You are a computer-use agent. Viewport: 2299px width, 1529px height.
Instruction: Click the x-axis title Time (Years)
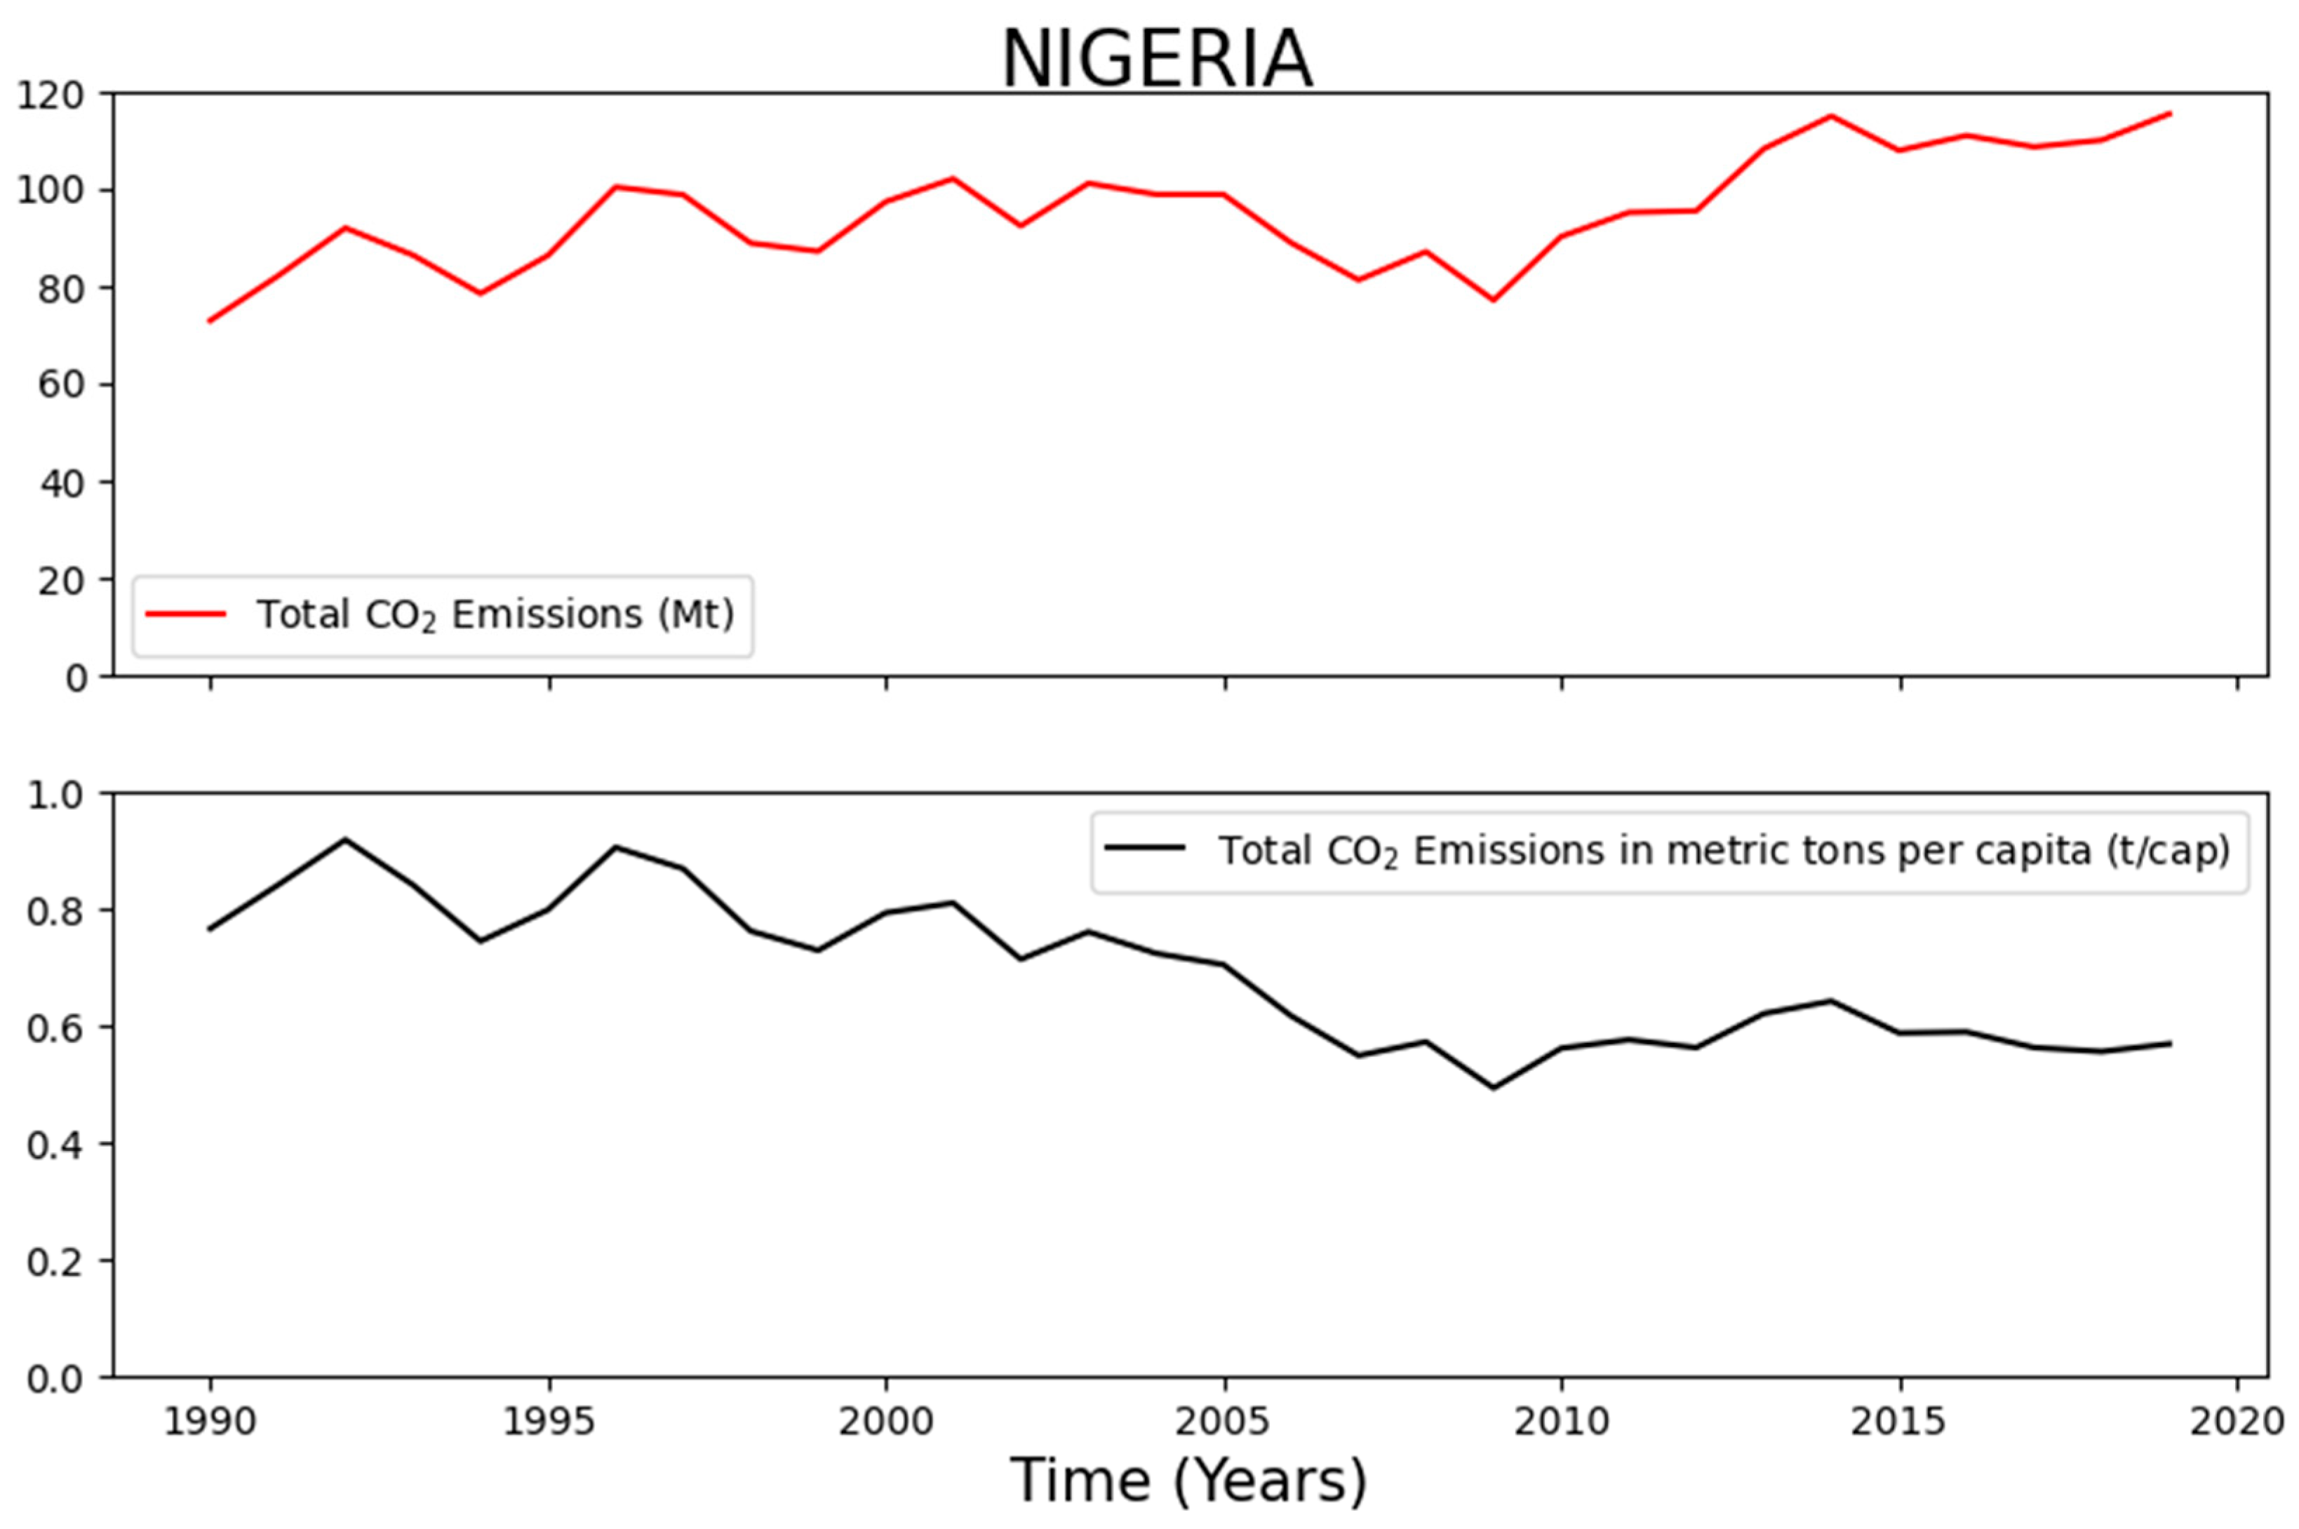pyautogui.click(x=1188, y=1480)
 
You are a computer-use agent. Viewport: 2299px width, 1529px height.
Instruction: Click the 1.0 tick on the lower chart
pyautogui.click(x=55, y=795)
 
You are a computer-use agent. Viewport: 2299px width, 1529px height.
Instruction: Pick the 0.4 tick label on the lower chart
pyautogui.click(x=55, y=1145)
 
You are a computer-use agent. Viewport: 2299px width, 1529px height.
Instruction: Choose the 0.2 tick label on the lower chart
pyautogui.click(x=55, y=1262)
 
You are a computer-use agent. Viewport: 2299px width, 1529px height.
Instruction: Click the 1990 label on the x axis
pyautogui.click(x=210, y=1422)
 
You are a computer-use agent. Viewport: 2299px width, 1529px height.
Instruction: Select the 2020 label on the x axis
pyautogui.click(x=2237, y=1422)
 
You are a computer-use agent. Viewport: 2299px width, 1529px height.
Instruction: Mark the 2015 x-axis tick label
pyautogui.click(x=1899, y=1422)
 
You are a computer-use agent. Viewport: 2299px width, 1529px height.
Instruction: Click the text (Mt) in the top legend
pyautogui.click(x=695, y=614)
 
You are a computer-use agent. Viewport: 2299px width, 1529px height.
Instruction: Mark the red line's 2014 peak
pyautogui.click(x=1831, y=116)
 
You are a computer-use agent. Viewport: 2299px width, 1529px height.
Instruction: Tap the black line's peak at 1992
pyautogui.click(x=345, y=839)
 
